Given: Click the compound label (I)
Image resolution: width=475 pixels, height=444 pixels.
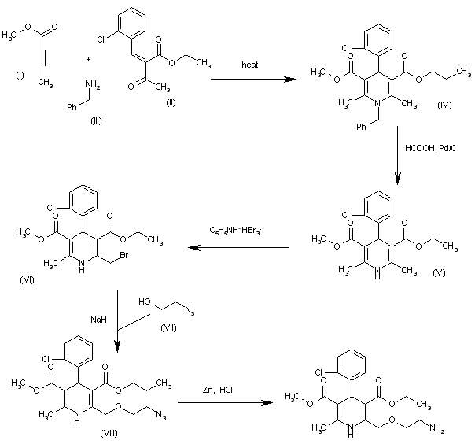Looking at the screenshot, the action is coord(20,75).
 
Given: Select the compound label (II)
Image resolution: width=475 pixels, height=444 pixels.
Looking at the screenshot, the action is coord(171,103).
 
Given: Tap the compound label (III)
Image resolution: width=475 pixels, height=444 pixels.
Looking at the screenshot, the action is coord(96,121).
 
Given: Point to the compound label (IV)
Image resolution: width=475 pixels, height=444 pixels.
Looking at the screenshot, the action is coord(444,105).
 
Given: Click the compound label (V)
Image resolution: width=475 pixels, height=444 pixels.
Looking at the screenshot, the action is coord(439,272).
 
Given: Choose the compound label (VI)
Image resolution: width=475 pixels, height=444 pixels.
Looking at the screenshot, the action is coord(27,279).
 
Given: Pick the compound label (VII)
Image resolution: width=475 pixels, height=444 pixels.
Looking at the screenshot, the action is coord(168,327).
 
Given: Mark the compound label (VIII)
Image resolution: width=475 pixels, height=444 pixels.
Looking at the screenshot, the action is coord(109,434).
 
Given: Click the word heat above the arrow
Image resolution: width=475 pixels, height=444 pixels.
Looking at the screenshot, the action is coord(250,65).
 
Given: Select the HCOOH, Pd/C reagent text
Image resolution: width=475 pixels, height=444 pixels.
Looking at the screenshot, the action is coord(431,148).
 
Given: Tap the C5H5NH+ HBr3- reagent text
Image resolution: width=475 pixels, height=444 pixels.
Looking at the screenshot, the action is coord(235,231).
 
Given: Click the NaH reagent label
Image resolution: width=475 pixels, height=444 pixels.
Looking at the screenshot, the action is coord(99,320).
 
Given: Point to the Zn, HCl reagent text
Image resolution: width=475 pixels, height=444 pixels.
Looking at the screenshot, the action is coord(218,390).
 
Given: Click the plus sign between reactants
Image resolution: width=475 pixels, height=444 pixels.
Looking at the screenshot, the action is coord(88,60).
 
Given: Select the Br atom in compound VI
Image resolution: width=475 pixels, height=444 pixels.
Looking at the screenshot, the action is coord(124,255).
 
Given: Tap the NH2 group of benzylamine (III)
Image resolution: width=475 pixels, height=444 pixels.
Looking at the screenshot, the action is coord(93,84).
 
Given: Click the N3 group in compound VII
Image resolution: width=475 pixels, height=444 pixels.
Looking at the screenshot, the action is coord(190,311).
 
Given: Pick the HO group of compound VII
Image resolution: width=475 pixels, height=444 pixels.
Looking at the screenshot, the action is coord(145,302).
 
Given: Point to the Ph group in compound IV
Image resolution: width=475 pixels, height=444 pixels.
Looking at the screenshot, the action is coord(361,127).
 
